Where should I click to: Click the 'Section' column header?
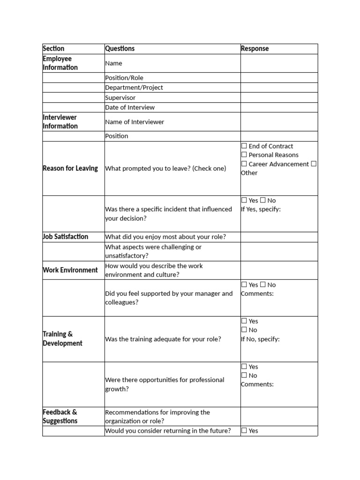tap(53, 49)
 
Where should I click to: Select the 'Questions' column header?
tap(120, 49)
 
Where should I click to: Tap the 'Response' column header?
tap(255, 49)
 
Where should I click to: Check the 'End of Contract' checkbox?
tap(244, 146)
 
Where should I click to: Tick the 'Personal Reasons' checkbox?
tap(244, 155)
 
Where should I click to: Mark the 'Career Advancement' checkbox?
tap(244, 164)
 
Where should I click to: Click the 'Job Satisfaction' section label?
tap(65, 237)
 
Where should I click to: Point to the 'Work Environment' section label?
tap(70, 270)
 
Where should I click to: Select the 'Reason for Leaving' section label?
tap(70, 168)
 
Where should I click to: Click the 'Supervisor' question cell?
tap(120, 97)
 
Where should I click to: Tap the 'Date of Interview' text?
tap(130, 107)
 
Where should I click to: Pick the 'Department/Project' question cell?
tap(134, 88)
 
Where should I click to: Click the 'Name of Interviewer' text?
tap(135, 122)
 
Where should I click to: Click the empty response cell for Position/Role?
tap(279, 78)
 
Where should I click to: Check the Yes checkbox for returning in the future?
tap(244, 431)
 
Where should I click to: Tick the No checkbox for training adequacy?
tap(244, 330)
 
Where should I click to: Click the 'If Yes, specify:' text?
tap(261, 209)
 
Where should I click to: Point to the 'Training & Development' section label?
tap(62, 339)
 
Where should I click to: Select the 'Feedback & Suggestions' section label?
tap(60, 416)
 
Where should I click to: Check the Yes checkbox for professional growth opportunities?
tap(244, 367)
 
